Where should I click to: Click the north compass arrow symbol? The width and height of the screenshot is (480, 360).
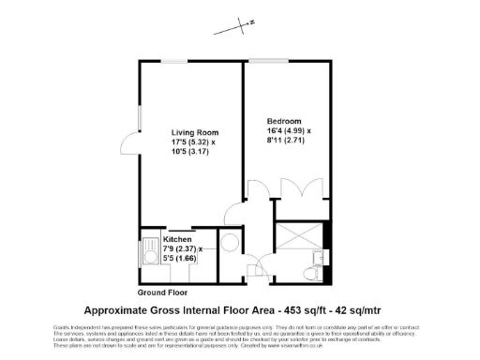[240, 25]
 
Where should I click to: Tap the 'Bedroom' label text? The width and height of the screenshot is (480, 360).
[284, 121]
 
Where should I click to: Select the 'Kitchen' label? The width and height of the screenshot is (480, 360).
[177, 238]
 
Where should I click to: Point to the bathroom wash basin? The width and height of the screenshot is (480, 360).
[323, 253]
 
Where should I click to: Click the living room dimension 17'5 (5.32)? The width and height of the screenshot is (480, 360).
[192, 142]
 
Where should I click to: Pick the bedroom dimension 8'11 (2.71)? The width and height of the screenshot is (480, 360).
[287, 142]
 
